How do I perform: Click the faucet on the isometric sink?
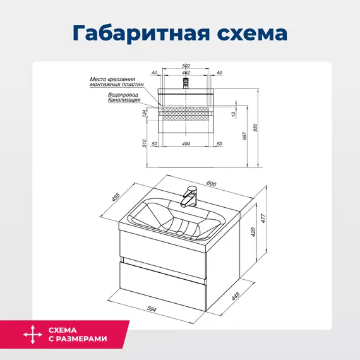188,196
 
